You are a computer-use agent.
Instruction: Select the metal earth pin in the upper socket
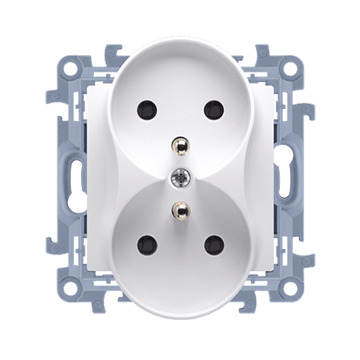coord(180,144)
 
